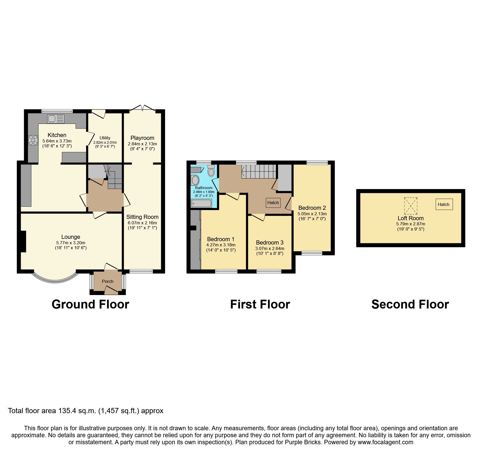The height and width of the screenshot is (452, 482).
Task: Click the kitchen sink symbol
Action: click(55, 119)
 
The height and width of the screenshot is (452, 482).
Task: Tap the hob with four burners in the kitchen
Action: click(33, 140)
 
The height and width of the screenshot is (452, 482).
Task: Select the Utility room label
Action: click(105, 138)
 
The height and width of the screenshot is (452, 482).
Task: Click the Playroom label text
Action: click(142, 138)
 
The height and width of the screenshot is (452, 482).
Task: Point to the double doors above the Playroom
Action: click(143, 108)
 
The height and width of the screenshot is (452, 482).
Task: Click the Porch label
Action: click(108, 281)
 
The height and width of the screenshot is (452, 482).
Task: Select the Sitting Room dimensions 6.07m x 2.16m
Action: click(142, 223)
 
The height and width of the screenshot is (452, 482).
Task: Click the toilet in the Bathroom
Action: click(211, 171)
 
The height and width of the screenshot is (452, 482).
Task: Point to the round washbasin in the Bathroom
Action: click(195, 180)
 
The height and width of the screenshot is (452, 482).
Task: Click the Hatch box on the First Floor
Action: click(273, 203)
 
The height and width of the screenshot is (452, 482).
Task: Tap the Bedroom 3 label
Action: click(270, 242)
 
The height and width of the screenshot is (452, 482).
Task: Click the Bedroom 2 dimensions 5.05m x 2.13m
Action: click(312, 214)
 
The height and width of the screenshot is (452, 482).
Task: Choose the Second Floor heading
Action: click(410, 304)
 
